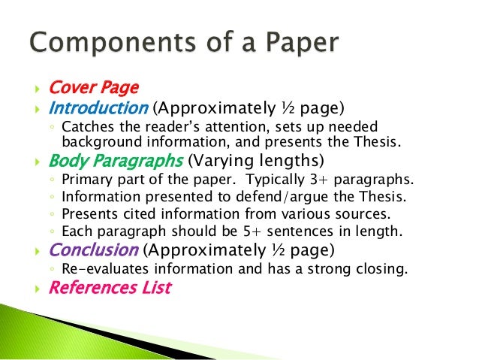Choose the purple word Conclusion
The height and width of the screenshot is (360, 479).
pos(93,250)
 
